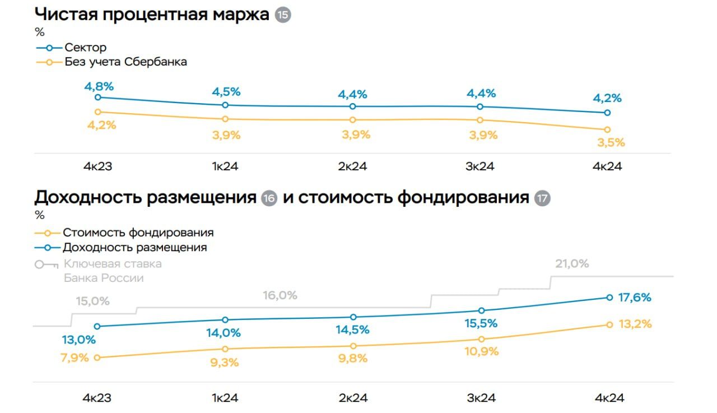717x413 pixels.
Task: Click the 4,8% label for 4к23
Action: pyautogui.click(x=98, y=86)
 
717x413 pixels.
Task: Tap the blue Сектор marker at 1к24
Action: pyautogui.click(x=225, y=105)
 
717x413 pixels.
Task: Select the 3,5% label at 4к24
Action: pyautogui.click(x=611, y=142)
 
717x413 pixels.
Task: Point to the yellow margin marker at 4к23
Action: pyautogui.click(x=98, y=112)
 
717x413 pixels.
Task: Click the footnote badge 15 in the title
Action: pyautogui.click(x=283, y=15)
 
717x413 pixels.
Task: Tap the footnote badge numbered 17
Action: pyautogui.click(x=542, y=198)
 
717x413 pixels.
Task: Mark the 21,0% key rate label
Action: pyautogui.click(x=571, y=263)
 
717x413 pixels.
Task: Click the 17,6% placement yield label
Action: pyautogui.click(x=635, y=298)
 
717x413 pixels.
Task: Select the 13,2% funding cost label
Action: pyautogui.click(x=635, y=324)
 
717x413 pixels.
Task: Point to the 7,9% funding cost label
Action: pyautogui.click(x=75, y=357)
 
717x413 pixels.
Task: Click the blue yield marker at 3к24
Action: pyautogui.click(x=481, y=310)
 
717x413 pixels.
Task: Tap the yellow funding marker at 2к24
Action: pyautogui.click(x=353, y=346)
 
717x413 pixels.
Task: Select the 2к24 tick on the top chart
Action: pyautogui.click(x=353, y=166)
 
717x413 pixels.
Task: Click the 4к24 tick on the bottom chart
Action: pyautogui.click(x=609, y=398)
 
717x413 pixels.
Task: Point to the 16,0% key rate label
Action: pyautogui.click(x=280, y=295)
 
